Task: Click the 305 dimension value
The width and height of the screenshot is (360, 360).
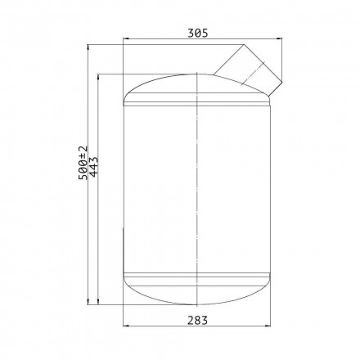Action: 198,33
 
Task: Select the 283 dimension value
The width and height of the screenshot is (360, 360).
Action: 197,320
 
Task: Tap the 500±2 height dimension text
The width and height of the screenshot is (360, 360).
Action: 83,163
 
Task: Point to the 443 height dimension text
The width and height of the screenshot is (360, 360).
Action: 93,167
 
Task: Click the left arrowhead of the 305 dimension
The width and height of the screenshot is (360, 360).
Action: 126,38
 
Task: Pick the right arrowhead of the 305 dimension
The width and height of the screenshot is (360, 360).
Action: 279,38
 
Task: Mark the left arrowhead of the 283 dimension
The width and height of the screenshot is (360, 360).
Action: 126,326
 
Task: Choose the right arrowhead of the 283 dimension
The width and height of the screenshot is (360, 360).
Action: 268,326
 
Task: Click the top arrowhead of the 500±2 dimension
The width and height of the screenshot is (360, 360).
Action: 88,47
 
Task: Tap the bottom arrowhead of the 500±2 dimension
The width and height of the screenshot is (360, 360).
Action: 88,301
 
